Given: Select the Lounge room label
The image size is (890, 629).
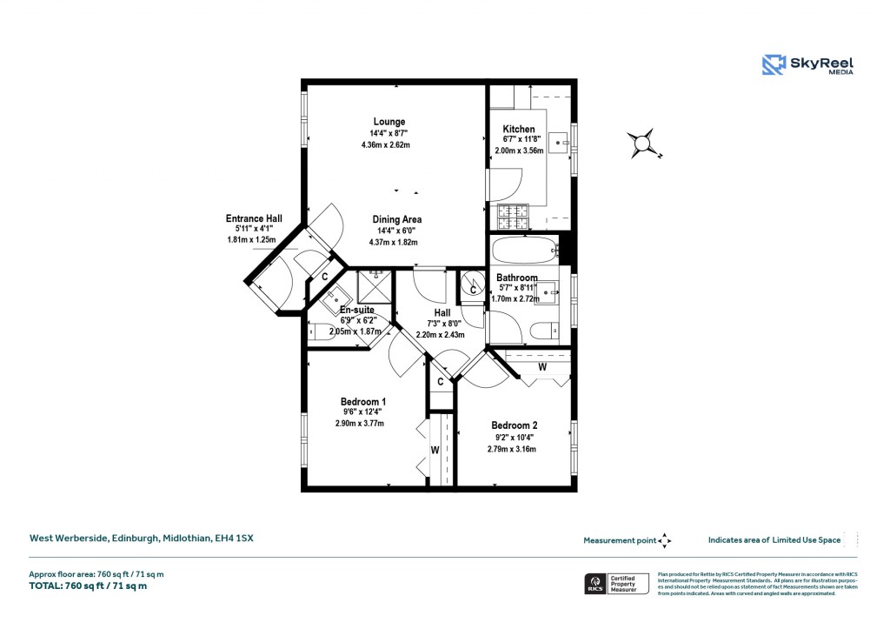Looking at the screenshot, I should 389,121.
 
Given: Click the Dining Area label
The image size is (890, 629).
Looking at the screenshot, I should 397,219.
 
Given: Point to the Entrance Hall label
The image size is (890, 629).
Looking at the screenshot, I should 254,218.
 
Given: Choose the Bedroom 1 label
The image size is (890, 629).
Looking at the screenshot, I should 363,401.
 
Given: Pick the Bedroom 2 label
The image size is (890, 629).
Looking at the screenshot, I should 515,425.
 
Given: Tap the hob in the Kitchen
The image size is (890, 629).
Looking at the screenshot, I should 512,216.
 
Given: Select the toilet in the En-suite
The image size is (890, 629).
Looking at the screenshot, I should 318,331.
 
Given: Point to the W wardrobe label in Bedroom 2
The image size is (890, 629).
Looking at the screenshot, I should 541,366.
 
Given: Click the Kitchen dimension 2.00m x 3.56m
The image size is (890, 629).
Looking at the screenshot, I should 519,151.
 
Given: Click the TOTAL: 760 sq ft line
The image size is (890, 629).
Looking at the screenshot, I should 89,586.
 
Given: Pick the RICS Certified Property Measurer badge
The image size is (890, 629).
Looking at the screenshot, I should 615,583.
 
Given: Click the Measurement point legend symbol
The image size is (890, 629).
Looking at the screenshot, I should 665,540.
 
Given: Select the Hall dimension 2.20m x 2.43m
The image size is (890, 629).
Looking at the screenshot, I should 441,334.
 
